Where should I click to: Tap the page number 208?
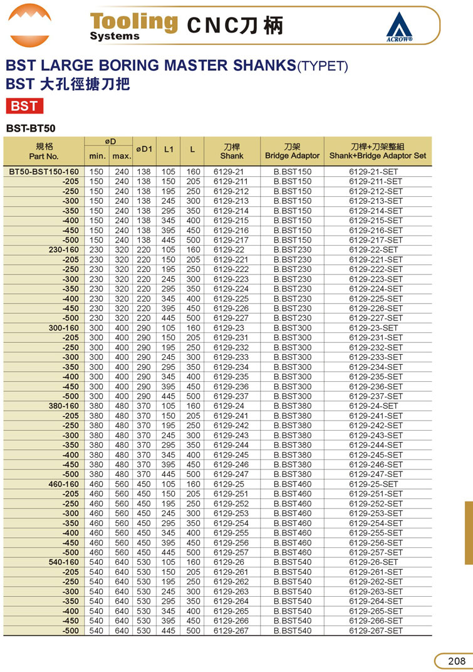(x=456, y=661)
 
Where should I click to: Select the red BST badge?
(x=24, y=106)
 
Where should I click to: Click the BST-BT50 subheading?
(x=31, y=129)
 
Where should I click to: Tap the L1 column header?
(x=169, y=150)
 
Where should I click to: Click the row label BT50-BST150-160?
(x=44, y=172)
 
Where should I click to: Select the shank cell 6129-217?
(x=231, y=240)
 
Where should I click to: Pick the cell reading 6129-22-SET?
(x=376, y=250)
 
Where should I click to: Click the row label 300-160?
(x=64, y=328)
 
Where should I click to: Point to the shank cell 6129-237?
(x=231, y=396)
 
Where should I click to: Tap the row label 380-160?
(x=64, y=406)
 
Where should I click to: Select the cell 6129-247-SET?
(x=376, y=474)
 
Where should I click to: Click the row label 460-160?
(x=64, y=484)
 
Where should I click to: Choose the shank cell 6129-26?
(x=229, y=562)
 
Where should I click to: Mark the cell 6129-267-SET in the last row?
(x=376, y=631)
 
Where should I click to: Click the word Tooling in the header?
(x=133, y=21)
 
